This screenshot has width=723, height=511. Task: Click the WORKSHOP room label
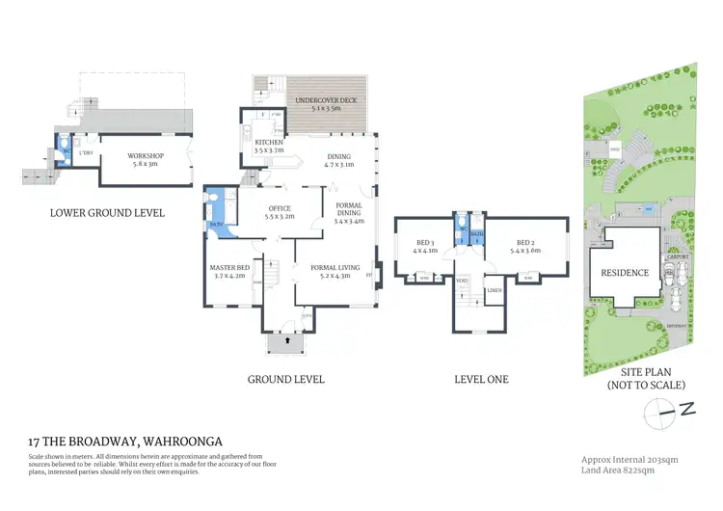147,156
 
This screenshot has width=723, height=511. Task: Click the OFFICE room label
280,208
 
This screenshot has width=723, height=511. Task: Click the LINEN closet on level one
494,289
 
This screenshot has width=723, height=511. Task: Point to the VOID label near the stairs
462,281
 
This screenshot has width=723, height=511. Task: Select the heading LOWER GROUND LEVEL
107,212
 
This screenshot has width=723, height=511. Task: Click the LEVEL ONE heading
481,379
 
